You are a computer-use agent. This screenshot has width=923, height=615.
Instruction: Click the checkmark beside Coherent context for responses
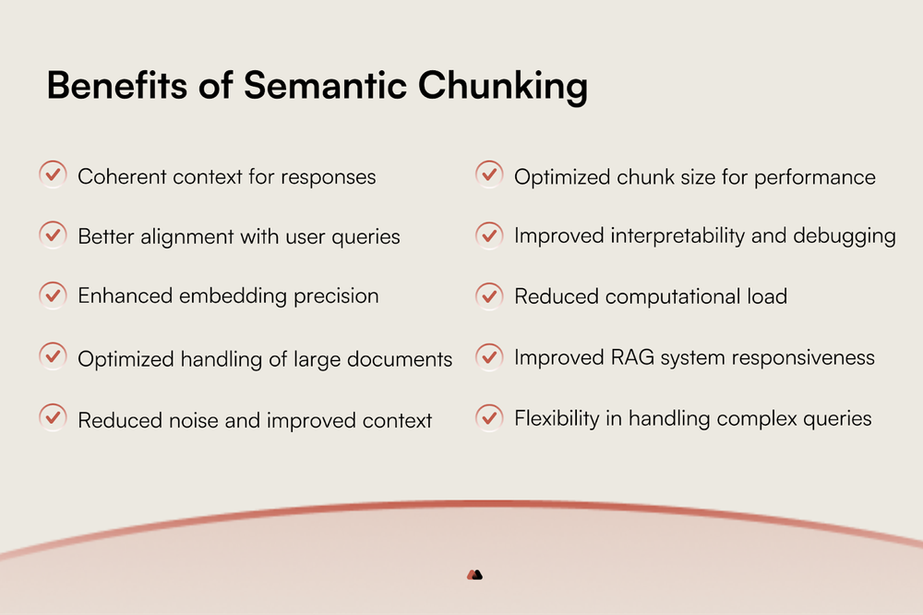[53, 174]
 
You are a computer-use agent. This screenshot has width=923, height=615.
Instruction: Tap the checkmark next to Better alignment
[53, 235]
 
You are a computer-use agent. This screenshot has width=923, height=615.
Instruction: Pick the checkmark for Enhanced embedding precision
[53, 295]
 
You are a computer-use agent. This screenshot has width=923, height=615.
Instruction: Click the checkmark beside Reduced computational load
[489, 295]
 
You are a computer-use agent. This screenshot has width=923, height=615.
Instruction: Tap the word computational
[664, 297]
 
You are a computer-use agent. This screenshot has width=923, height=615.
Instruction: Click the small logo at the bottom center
[474, 574]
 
